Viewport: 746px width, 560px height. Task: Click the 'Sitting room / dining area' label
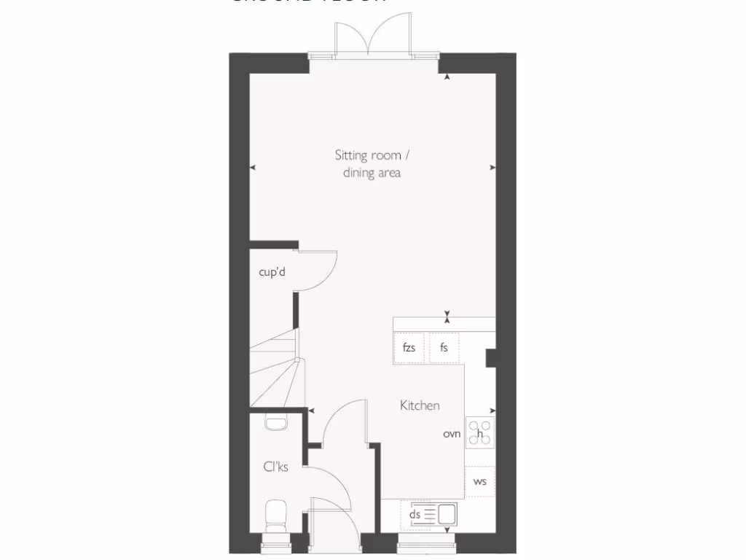pos(372,164)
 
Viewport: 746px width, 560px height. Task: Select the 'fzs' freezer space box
pos(409,348)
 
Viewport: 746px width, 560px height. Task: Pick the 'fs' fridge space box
pos(444,348)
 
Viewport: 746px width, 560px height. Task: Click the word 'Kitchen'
pos(420,405)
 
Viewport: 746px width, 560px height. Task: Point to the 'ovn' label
pos(452,434)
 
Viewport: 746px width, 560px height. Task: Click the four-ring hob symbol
pos(480,433)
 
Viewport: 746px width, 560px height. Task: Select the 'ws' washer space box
pos(480,481)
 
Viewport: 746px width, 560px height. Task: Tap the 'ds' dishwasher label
pos(415,515)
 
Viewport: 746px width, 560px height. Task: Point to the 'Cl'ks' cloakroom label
pos(275,467)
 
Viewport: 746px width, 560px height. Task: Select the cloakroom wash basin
pos(275,422)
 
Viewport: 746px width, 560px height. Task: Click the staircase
pos(275,368)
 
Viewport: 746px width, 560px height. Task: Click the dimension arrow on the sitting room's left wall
pos(253,168)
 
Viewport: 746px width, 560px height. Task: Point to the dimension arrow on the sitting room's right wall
pos(492,168)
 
